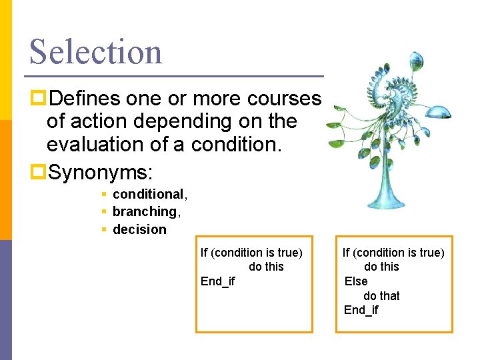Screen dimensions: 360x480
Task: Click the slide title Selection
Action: coord(95,51)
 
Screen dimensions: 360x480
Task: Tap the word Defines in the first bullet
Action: coord(85,99)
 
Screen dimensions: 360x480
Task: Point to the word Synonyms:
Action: coord(101,174)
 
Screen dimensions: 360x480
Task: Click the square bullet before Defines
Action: coord(38,99)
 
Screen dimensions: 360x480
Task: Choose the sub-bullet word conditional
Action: coord(149,194)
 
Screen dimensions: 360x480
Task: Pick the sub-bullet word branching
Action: coord(144,211)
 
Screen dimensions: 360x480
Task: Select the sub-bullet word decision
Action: coord(139,229)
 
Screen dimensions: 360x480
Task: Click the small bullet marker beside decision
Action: coord(104,229)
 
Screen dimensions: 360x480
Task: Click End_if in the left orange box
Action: coord(218,281)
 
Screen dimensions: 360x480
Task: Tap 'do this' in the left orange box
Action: coord(266,267)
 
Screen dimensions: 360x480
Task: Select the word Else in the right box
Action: coord(356,281)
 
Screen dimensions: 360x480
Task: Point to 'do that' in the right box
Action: coord(381,295)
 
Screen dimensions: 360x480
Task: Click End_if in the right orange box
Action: coord(361,310)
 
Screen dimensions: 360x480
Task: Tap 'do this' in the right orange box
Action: coord(381,267)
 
